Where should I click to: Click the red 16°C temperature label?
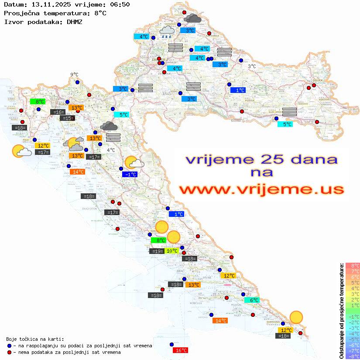181,350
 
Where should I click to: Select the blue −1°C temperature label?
130,175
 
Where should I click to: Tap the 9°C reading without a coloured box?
74,75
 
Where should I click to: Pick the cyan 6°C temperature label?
254,300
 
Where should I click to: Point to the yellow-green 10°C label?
172,251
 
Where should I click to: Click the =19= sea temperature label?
157,251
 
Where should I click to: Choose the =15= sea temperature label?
67,118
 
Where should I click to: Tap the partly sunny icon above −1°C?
134,163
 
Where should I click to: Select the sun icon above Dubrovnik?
296,317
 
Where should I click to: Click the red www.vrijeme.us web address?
261,189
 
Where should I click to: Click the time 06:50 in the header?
118,5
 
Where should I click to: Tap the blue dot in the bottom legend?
9,346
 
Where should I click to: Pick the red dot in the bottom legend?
9,352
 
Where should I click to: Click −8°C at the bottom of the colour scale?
353,356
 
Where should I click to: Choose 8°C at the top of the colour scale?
353,265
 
